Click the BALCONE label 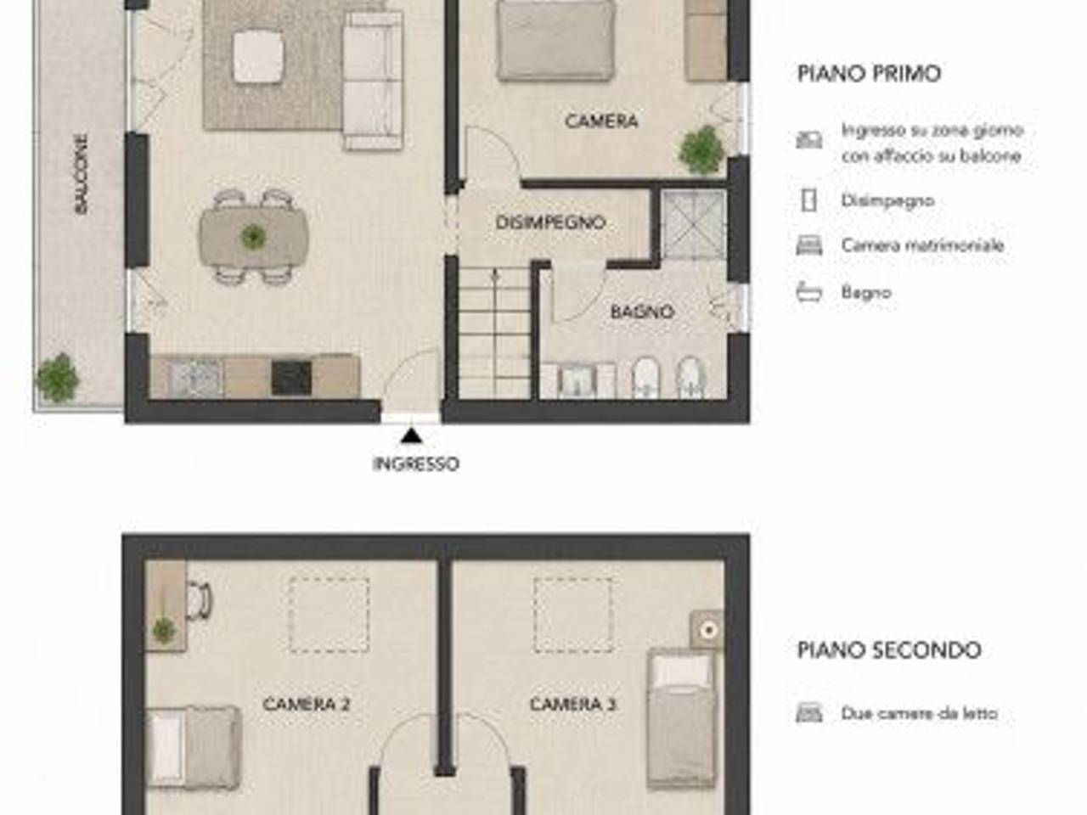[82, 174]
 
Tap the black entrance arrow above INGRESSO [411, 436]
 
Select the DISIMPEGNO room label [550, 222]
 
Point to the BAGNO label [642, 312]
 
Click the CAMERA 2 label [307, 704]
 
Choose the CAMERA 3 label [573, 704]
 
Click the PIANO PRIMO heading [869, 74]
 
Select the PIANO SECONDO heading [889, 649]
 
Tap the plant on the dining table [254, 237]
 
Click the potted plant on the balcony [58, 377]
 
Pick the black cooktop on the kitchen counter [291, 378]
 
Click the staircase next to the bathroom [495, 333]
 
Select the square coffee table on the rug [258, 57]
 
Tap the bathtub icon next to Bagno [809, 292]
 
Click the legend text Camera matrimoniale [922, 245]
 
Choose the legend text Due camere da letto [919, 713]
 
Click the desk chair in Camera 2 [199, 600]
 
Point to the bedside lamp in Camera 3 [708, 630]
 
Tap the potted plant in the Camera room [701, 149]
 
